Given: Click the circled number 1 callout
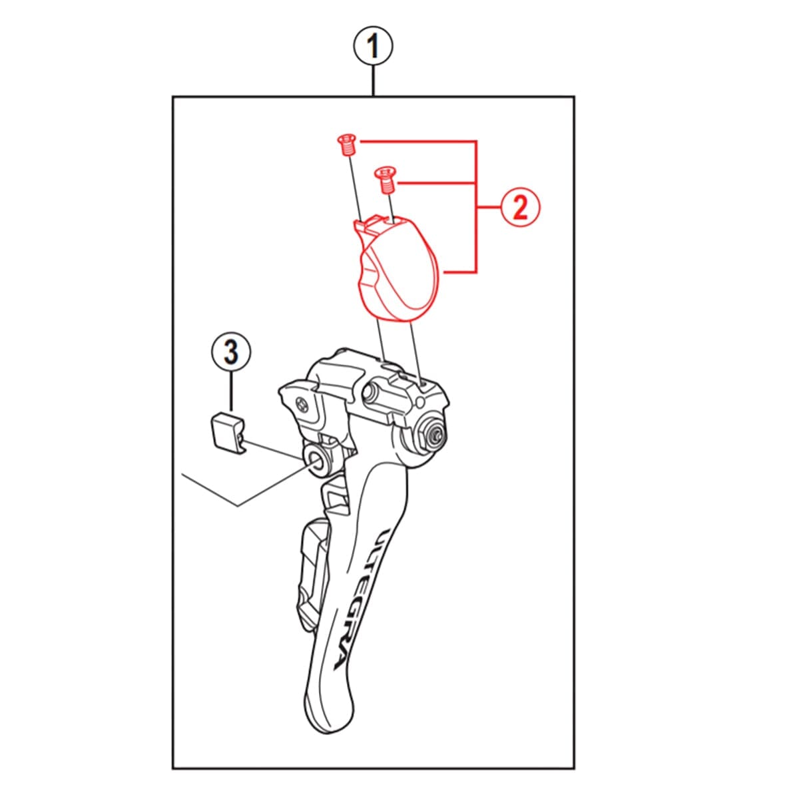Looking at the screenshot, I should (374, 47).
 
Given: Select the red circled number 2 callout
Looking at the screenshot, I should (520, 208).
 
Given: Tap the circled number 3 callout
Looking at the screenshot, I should (230, 352).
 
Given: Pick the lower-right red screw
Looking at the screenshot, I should (384, 179).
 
